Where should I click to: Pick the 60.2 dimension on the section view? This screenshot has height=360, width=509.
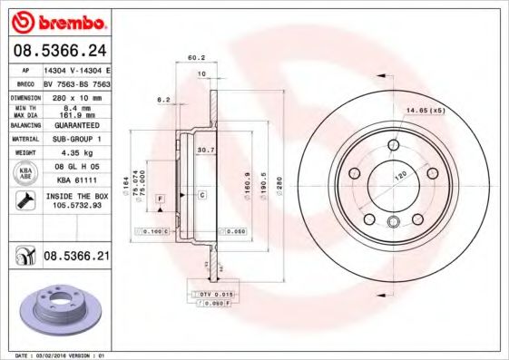coord(195,57)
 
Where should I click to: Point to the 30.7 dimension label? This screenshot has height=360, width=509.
coord(205,150)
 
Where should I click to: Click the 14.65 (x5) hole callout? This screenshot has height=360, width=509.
coord(425,110)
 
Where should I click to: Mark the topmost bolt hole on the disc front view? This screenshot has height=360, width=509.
coord(393,146)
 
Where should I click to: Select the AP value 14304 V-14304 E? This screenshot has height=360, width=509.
coord(76,69)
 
